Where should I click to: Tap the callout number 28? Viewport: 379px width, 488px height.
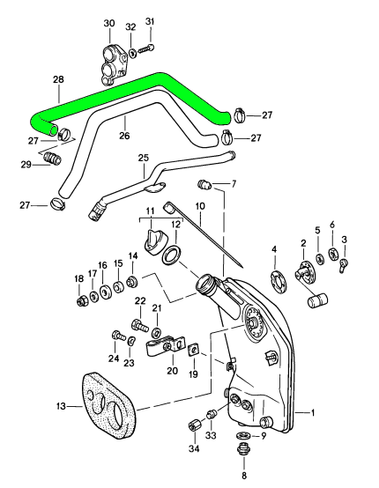(58, 79)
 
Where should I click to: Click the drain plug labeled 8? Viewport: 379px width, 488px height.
(243, 450)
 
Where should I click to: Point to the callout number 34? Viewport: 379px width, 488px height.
(195, 448)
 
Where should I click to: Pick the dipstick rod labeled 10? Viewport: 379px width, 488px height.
(204, 235)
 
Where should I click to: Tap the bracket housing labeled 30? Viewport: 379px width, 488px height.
(114, 64)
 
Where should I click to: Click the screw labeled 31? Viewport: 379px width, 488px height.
(146, 48)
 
